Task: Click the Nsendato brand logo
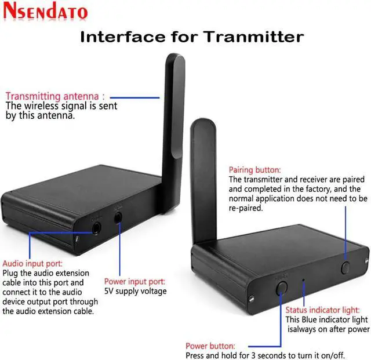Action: pos(45,12)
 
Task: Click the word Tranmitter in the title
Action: pos(253,37)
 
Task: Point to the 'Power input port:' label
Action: pos(134,281)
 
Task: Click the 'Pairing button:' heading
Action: pos(254,170)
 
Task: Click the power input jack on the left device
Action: pos(118,217)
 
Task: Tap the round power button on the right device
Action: pos(282,286)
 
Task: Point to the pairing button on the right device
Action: pos(346,267)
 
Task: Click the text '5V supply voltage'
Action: pos(135,291)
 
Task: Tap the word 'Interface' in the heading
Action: pos(119,37)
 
